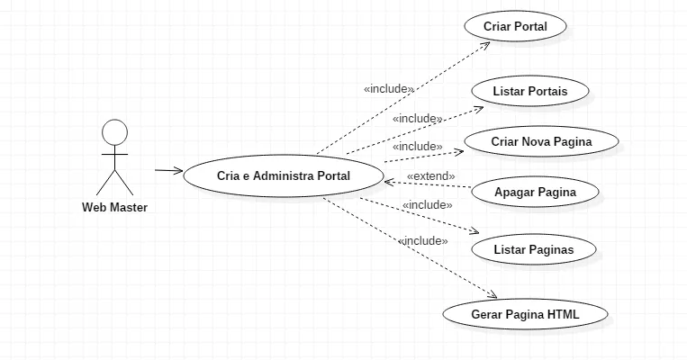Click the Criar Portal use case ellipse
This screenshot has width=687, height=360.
click(x=516, y=26)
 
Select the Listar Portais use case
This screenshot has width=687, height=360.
click(x=529, y=92)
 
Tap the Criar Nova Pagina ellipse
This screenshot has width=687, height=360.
click(x=541, y=142)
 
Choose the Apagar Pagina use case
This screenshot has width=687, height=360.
click(x=535, y=192)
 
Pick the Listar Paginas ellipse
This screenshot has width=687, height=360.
click(x=533, y=248)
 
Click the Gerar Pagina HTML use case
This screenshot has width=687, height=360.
click(x=525, y=315)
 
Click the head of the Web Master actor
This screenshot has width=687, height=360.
click(x=114, y=132)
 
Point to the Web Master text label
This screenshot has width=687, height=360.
click(x=114, y=208)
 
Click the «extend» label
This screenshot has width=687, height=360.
click(x=430, y=175)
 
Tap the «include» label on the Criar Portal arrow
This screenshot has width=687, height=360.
click(x=389, y=89)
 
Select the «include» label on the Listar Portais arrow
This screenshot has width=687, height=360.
click(x=417, y=118)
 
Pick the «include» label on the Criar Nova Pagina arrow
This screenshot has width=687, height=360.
click(x=417, y=146)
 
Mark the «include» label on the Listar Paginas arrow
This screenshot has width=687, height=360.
click(x=427, y=205)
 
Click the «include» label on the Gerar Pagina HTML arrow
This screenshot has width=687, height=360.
click(x=422, y=240)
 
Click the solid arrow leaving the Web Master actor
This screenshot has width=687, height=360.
click(x=168, y=170)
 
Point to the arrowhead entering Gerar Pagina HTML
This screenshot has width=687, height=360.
click(x=493, y=295)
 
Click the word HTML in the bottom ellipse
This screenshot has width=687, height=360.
click(x=563, y=315)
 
